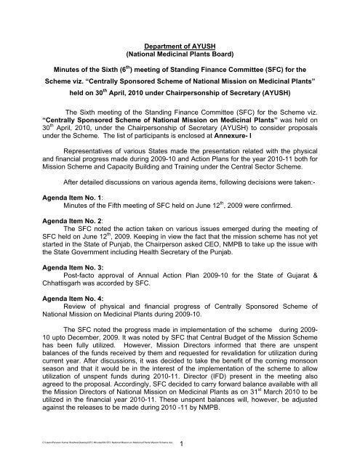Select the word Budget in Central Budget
(x=213, y=361)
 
